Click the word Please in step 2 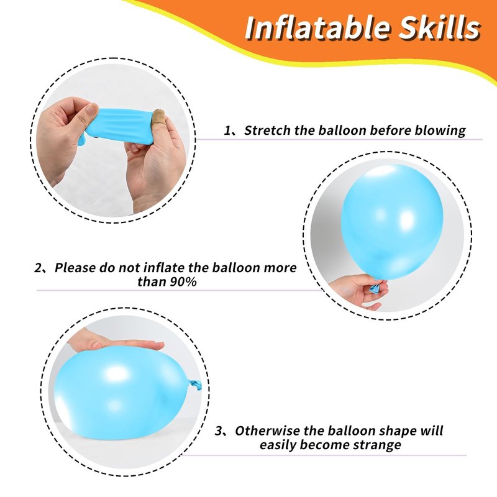(x=75, y=268)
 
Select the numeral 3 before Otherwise (x=219, y=431)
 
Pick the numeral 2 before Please (x=38, y=268)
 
